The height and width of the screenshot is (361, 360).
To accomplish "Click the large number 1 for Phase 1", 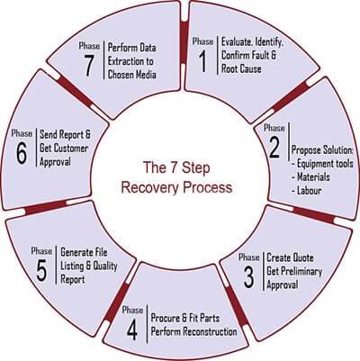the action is [203, 61].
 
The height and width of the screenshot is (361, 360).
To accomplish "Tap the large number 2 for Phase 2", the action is [274, 148].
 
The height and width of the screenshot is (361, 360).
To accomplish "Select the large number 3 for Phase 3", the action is [248, 276].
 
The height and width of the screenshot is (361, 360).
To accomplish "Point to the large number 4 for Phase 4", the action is [132, 329].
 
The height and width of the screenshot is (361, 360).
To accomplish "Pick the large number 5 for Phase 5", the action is [41, 271].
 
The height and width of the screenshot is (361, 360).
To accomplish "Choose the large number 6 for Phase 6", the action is [22, 153].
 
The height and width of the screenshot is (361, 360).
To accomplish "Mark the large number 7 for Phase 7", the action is [88, 65].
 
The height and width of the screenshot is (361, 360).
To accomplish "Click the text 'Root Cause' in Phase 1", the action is [241, 68].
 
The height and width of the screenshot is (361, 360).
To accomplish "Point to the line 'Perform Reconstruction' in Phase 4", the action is [193, 331].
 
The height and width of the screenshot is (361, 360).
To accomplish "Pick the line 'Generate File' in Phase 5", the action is [84, 252].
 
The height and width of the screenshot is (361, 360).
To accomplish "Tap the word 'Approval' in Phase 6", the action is [55, 162].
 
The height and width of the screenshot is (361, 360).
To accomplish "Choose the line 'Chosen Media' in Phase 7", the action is [132, 74].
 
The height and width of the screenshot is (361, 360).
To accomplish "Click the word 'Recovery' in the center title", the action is [150, 187].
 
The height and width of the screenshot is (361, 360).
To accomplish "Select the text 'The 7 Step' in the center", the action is [176, 167].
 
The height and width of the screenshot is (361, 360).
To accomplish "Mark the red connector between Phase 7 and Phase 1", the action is [184, 42].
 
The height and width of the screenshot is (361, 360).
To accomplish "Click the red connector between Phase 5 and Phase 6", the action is [46, 207].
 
